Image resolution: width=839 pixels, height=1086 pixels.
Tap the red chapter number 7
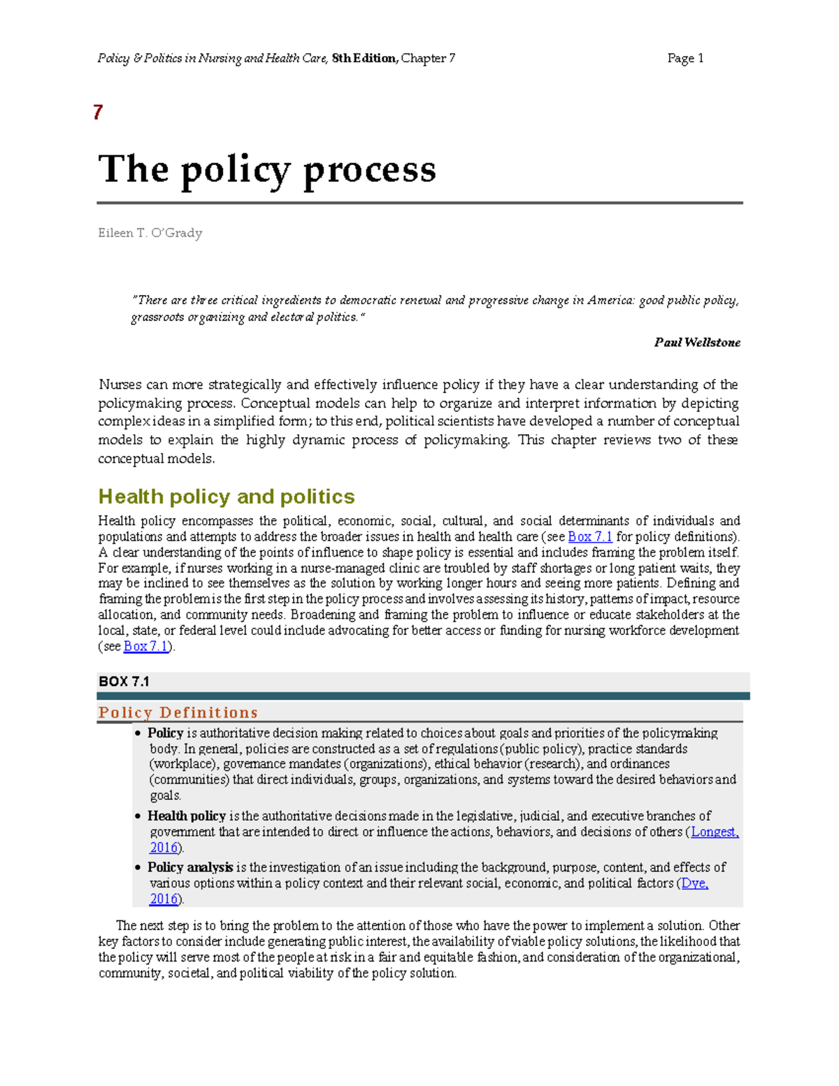[x=98, y=112]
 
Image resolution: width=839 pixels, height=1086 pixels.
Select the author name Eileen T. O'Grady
[x=150, y=233]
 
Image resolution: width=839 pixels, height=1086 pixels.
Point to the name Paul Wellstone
[x=697, y=343]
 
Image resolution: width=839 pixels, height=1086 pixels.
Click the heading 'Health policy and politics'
[x=227, y=496]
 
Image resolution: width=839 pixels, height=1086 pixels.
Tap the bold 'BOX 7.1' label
[x=124, y=681]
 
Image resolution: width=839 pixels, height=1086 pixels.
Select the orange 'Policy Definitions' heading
[x=178, y=713]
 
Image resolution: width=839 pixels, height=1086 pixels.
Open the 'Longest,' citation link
[x=715, y=832]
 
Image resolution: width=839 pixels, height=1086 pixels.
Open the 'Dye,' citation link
[x=694, y=884]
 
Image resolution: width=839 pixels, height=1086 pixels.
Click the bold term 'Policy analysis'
[x=190, y=868]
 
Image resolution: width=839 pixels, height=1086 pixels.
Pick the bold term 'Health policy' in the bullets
[x=187, y=816]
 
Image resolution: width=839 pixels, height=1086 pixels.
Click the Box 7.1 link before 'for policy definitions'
[x=590, y=537]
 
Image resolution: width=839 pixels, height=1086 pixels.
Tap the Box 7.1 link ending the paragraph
[x=145, y=647]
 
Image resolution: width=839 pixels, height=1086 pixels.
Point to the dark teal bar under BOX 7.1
[x=423, y=696]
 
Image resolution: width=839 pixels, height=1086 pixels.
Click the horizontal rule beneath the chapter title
[x=419, y=203]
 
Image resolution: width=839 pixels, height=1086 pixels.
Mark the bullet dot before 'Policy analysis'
[x=138, y=868]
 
